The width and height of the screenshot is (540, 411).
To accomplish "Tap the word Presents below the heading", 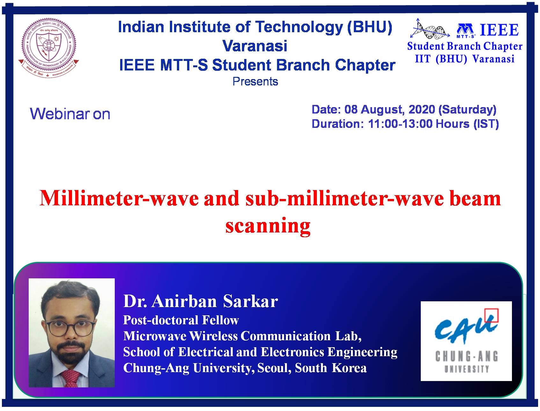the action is (x=255, y=82).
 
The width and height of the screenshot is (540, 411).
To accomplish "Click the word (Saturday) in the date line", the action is (x=467, y=110).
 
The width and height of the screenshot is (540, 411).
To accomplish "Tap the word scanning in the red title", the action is (x=268, y=226).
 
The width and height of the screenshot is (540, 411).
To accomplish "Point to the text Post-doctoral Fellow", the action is (x=181, y=320).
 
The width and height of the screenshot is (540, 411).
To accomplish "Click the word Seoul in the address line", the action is (x=274, y=368).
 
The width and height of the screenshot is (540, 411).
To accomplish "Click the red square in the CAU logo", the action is (x=491, y=315).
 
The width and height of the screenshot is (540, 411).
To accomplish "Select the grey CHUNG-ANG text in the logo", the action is (x=466, y=356).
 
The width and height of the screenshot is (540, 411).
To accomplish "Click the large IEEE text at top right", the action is (x=499, y=30).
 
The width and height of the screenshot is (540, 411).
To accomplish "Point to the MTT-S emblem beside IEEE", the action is (x=466, y=30).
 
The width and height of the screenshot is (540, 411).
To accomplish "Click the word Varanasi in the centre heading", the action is (x=255, y=46).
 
